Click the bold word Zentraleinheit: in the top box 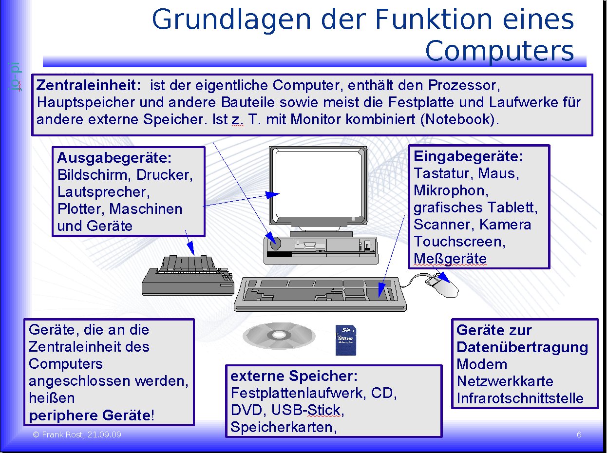(x=89, y=85)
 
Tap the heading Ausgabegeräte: (x=114, y=158)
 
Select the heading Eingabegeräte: (x=469, y=156)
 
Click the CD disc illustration (x=279, y=336)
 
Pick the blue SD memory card (x=346, y=340)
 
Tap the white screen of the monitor (x=319, y=184)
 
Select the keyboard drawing (x=320, y=294)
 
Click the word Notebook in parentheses (x=457, y=120)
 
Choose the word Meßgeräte (x=450, y=259)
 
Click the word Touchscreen (x=459, y=242)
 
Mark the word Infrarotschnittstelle (x=520, y=398)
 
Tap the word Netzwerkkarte (x=505, y=381)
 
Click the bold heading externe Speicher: (x=294, y=376)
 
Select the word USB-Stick (x=307, y=410)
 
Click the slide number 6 (x=579, y=435)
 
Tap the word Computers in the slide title (x=499, y=51)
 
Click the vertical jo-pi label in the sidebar (x=15, y=76)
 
